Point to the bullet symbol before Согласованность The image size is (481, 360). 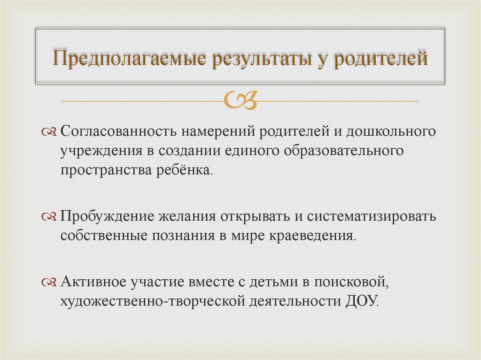coord(48,132)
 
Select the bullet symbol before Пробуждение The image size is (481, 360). coord(48,217)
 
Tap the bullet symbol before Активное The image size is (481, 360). coord(48,282)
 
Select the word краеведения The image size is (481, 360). coord(311,235)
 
